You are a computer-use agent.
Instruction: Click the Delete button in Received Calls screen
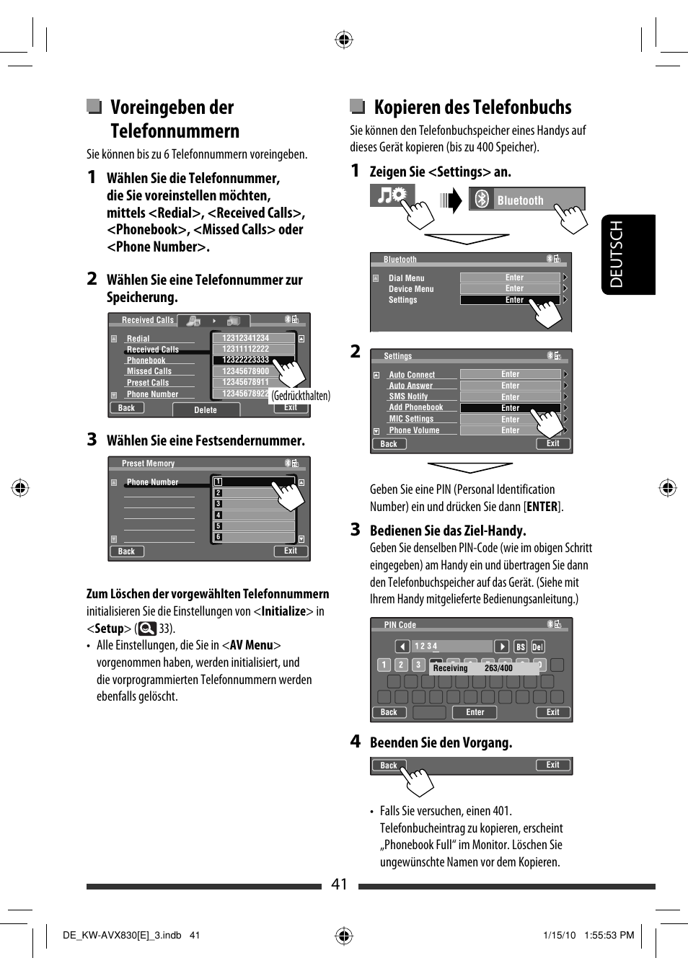tap(205, 410)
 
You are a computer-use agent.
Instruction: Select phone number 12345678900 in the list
tap(245, 371)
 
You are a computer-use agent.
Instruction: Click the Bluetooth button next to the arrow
tap(526, 200)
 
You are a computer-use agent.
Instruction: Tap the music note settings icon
tap(392, 195)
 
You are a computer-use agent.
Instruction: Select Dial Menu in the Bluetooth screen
tap(406, 278)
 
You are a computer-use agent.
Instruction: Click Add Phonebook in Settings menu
tap(416, 407)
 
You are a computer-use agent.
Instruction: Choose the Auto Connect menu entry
tap(412, 375)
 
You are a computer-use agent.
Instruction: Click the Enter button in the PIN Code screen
tap(475, 712)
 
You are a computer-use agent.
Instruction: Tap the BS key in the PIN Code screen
tap(521, 647)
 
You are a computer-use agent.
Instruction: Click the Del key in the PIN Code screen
tap(537, 647)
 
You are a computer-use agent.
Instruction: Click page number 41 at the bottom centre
tap(339, 884)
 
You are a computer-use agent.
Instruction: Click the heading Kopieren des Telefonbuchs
tap(472, 107)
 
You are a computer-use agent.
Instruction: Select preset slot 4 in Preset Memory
tap(218, 515)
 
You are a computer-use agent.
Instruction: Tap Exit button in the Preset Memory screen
tap(291, 551)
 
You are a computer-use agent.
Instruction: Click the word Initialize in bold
tap(283, 611)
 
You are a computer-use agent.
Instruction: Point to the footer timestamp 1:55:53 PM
tap(609, 935)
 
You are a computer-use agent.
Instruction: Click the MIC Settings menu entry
tap(411, 419)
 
